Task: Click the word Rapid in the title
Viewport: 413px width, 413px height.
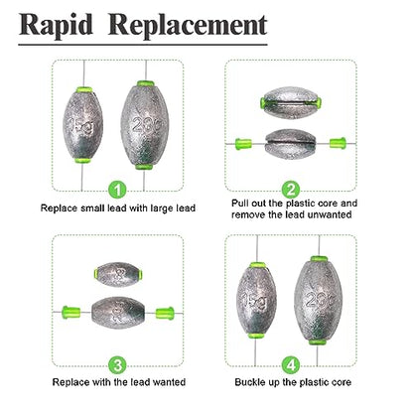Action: [x=56, y=25]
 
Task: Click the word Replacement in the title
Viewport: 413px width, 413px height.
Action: [x=188, y=25]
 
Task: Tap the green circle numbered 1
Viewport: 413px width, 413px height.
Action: [x=117, y=190]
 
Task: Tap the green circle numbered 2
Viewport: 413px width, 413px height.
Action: [x=291, y=190]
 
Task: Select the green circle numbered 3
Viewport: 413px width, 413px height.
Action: [x=117, y=365]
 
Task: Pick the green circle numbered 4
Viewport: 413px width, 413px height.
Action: [x=291, y=365]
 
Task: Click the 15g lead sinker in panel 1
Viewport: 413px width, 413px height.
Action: [x=82, y=125]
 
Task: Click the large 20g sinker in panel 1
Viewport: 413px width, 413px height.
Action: [x=145, y=125]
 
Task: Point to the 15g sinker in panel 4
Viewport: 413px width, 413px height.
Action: [x=256, y=300]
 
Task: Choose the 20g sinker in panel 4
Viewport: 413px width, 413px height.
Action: [x=318, y=300]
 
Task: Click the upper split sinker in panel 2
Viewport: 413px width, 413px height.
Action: [x=291, y=103]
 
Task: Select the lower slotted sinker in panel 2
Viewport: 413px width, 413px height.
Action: [x=291, y=144]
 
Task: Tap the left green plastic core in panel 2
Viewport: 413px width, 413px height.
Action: [x=243, y=144]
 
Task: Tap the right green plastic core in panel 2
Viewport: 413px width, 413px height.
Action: [x=338, y=143]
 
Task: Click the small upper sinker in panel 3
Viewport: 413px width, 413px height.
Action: [x=118, y=274]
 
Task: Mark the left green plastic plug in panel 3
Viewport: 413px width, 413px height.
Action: [x=71, y=312]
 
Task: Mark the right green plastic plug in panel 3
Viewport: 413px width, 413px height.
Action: [x=165, y=313]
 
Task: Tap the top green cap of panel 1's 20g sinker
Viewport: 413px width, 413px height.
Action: [x=146, y=83]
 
